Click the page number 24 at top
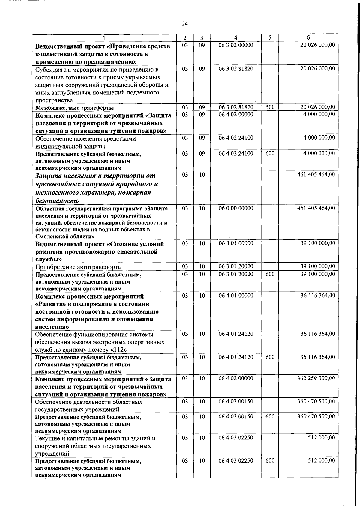(185, 24)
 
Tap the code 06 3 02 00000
(236, 45)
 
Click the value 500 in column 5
(270, 107)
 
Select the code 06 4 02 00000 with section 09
(236, 115)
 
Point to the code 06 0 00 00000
(236, 208)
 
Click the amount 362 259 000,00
(316, 379)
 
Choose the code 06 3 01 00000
(236, 243)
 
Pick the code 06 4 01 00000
(236, 296)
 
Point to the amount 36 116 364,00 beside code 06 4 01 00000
(318, 296)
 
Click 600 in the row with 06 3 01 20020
(270, 274)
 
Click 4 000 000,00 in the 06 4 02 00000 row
(319, 115)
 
